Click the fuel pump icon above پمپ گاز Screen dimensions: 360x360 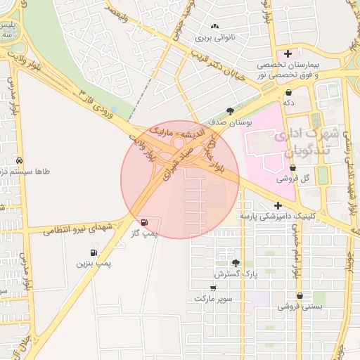point(144,222)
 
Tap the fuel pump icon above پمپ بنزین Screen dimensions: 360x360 point(93,253)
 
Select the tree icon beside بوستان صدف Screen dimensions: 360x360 point(231,111)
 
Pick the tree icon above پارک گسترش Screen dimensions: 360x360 point(245,262)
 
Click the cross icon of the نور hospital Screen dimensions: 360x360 point(288,53)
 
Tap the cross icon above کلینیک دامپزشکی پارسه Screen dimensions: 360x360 point(278,206)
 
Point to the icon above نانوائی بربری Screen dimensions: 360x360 point(214,27)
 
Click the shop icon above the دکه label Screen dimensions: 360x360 point(288,92)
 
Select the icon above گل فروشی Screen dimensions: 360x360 point(292,168)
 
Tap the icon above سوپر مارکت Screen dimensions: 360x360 point(214,288)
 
